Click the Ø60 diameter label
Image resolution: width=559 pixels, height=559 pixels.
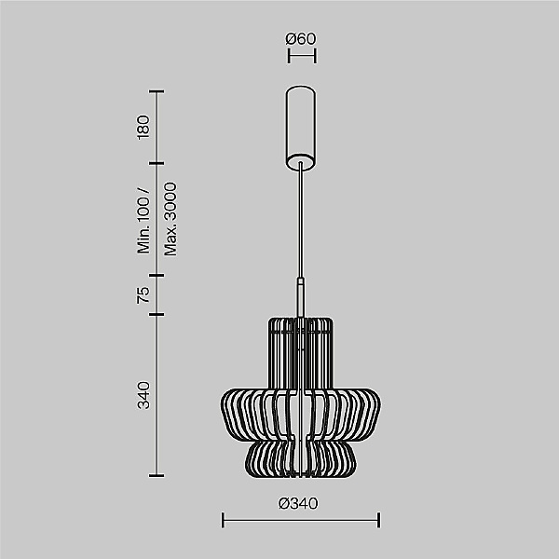tap(301, 38)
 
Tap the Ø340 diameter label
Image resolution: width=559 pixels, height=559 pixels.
tap(298, 503)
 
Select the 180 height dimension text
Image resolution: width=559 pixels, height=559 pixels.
tap(143, 128)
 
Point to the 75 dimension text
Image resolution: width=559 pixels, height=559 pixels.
tap(143, 294)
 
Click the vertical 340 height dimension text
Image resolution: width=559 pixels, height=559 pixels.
tap(143, 395)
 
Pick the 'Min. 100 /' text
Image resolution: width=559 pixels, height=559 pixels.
tap(143, 221)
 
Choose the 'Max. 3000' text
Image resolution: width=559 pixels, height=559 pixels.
tap(170, 219)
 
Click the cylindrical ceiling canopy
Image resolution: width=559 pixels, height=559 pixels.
tap(301, 129)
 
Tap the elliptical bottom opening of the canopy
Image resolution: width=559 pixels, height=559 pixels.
tap(301, 162)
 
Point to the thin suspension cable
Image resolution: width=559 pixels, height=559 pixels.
tap(301, 220)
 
